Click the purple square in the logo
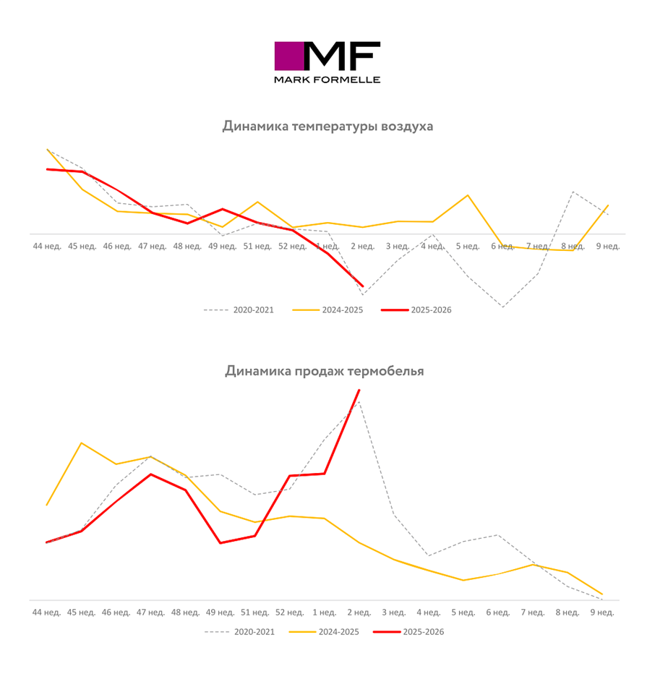[288, 56]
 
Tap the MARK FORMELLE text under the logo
[327, 80]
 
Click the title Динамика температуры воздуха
[327, 127]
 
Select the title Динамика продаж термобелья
[325, 371]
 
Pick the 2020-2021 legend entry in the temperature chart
[239, 310]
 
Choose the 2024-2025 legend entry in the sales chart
[324, 632]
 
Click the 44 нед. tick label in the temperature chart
[48, 246]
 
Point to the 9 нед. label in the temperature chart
[607, 246]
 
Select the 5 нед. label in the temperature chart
[468, 246]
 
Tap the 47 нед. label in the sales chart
[150, 613]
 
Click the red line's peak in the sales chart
[359, 391]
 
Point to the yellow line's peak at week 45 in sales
[82, 443]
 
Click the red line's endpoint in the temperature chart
[362, 286]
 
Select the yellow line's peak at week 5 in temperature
[468, 195]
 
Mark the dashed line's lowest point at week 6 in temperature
[502, 307]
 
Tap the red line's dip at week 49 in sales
[221, 542]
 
